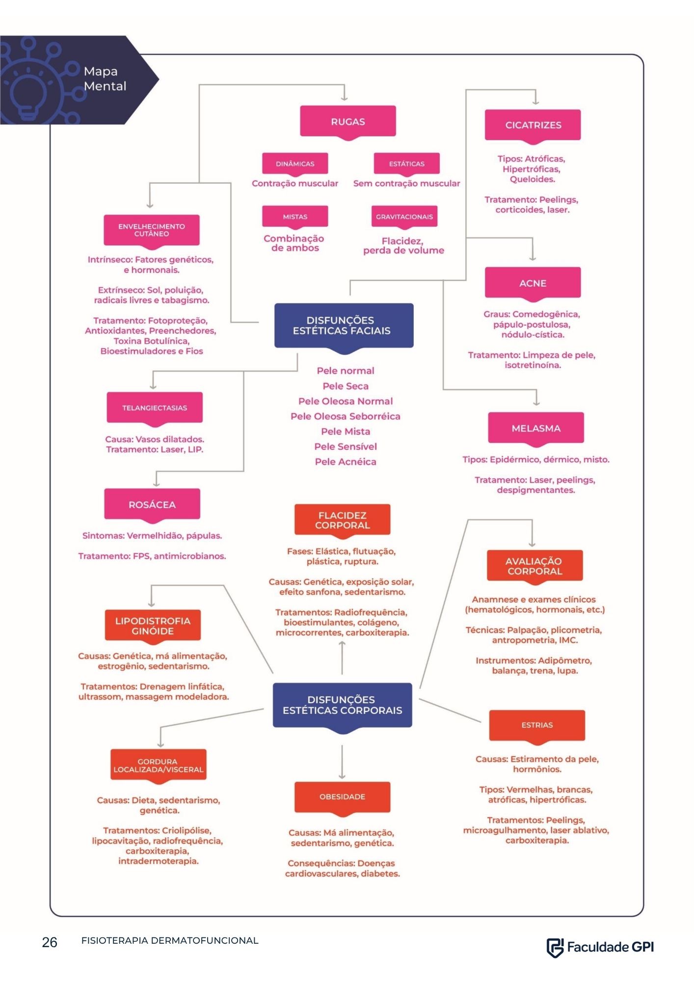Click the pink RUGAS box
(x=347, y=122)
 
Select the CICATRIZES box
(x=533, y=126)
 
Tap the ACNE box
(x=533, y=283)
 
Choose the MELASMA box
(x=536, y=429)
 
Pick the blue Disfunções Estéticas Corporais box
(x=342, y=706)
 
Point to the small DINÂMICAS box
(x=295, y=164)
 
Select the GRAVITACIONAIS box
(x=404, y=217)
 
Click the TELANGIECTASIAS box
(x=155, y=408)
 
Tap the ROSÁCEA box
(x=152, y=505)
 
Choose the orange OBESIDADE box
(x=342, y=797)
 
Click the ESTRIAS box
(x=537, y=725)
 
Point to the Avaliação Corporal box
(x=534, y=567)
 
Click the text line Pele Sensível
(x=346, y=447)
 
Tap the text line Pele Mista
(x=346, y=432)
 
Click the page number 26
(x=50, y=942)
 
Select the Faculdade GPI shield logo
(x=555, y=948)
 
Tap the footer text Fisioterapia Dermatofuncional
(x=170, y=941)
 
